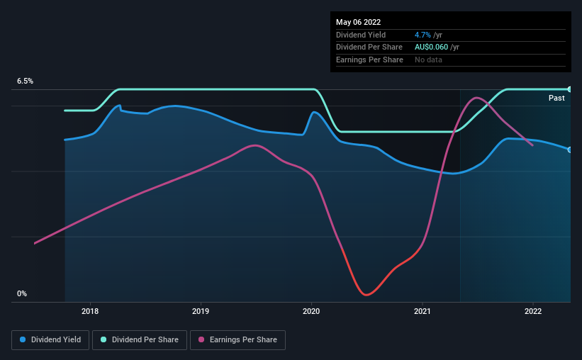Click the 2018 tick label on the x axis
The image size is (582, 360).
click(90, 311)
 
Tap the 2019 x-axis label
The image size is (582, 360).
click(201, 311)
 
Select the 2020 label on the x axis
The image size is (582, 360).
click(312, 311)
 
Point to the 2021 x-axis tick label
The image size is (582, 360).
click(422, 311)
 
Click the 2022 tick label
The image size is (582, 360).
click(533, 311)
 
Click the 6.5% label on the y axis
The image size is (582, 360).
click(26, 81)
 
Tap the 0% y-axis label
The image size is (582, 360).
click(22, 293)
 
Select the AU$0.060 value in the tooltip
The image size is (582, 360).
click(432, 47)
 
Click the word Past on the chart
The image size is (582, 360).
click(556, 99)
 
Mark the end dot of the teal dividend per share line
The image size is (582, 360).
click(570, 89)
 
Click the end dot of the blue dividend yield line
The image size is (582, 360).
click(570, 150)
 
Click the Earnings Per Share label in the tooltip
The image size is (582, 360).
click(369, 60)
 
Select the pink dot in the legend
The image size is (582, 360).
click(201, 340)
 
